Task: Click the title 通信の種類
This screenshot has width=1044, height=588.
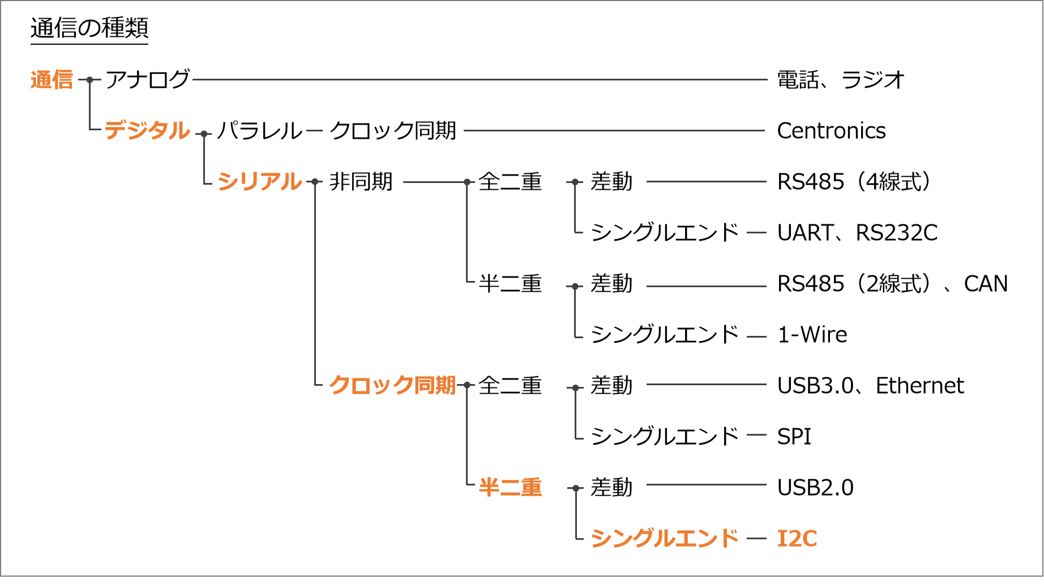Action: (x=89, y=28)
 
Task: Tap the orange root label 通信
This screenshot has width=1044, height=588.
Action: (x=52, y=80)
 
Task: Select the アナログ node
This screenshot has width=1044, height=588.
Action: (x=147, y=79)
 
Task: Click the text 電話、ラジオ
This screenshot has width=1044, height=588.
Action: (x=841, y=80)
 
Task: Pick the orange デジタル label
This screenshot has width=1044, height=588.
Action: (x=147, y=130)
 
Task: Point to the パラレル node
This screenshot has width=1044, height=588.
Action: (x=260, y=131)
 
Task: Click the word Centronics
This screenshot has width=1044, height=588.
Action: (x=831, y=131)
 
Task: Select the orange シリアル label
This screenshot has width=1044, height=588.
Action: (x=259, y=182)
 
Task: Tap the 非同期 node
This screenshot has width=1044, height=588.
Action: (x=361, y=182)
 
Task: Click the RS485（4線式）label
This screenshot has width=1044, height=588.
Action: (x=854, y=182)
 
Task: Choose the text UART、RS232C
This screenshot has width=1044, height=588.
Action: (x=857, y=233)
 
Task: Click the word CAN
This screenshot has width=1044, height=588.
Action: (x=986, y=284)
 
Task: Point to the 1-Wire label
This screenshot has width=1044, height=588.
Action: (x=812, y=335)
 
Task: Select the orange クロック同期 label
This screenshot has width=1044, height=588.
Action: (x=392, y=385)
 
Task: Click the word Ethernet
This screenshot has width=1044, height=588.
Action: (x=919, y=386)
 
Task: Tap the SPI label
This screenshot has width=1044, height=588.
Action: (x=794, y=437)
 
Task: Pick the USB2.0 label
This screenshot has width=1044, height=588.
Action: (x=815, y=488)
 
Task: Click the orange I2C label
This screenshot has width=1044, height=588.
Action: (x=797, y=539)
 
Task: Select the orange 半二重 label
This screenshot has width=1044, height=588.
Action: (x=510, y=487)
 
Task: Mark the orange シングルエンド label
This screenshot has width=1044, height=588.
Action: (x=665, y=538)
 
